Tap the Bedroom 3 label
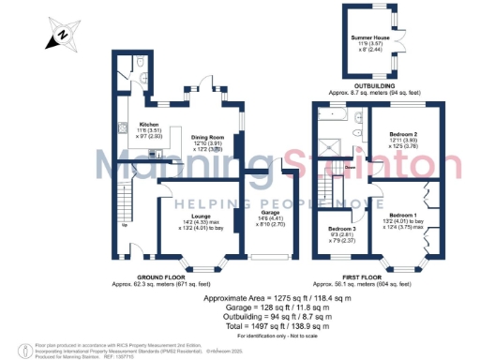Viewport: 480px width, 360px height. [x=343, y=228]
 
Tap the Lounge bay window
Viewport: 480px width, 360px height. [x=197, y=268]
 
